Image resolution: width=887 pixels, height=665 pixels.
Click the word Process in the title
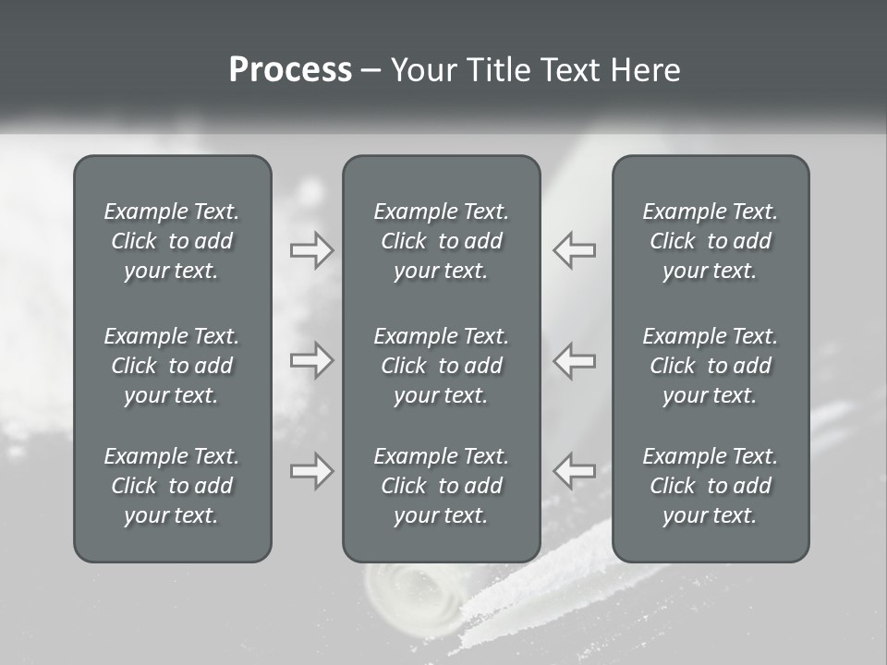(290, 70)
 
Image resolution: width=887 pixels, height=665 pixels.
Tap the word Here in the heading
(645, 70)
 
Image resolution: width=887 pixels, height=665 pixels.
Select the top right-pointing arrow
(311, 249)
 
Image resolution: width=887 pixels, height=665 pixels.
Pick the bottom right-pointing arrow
(311, 471)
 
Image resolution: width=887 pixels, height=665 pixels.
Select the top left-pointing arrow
(574, 249)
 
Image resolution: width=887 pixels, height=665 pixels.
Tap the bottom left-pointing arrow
(574, 471)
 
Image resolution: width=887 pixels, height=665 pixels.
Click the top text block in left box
(172, 241)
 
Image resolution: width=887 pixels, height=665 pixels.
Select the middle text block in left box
(172, 366)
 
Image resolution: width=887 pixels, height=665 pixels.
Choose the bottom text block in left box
(172, 486)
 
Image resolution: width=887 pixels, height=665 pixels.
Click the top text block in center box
(441, 241)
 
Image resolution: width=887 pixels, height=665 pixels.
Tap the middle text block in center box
(441, 366)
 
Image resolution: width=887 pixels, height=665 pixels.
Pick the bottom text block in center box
(441, 486)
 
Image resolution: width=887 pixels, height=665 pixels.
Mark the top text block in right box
(710, 241)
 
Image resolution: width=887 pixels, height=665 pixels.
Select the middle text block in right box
(710, 366)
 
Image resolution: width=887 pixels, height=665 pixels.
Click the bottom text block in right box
(710, 486)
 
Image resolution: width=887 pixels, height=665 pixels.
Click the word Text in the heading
(567, 70)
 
